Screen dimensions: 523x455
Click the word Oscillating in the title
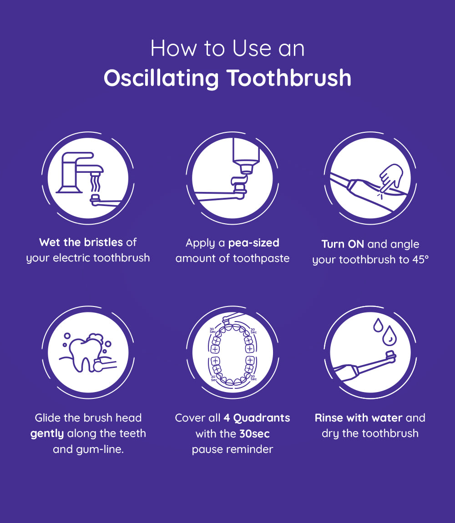click(161, 78)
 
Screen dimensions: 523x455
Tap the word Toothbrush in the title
click(289, 78)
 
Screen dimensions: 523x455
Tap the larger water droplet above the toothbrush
click(389, 337)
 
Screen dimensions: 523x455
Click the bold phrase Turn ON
click(343, 244)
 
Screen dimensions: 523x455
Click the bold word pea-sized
click(253, 243)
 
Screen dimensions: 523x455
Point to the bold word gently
click(47, 433)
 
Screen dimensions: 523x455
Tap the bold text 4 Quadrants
click(257, 417)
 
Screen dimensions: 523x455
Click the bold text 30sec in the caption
click(254, 433)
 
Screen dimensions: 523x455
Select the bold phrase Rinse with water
click(359, 417)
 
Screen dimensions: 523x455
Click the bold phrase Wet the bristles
click(81, 242)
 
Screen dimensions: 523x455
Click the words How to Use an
click(227, 48)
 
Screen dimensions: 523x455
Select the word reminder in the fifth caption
click(250, 449)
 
